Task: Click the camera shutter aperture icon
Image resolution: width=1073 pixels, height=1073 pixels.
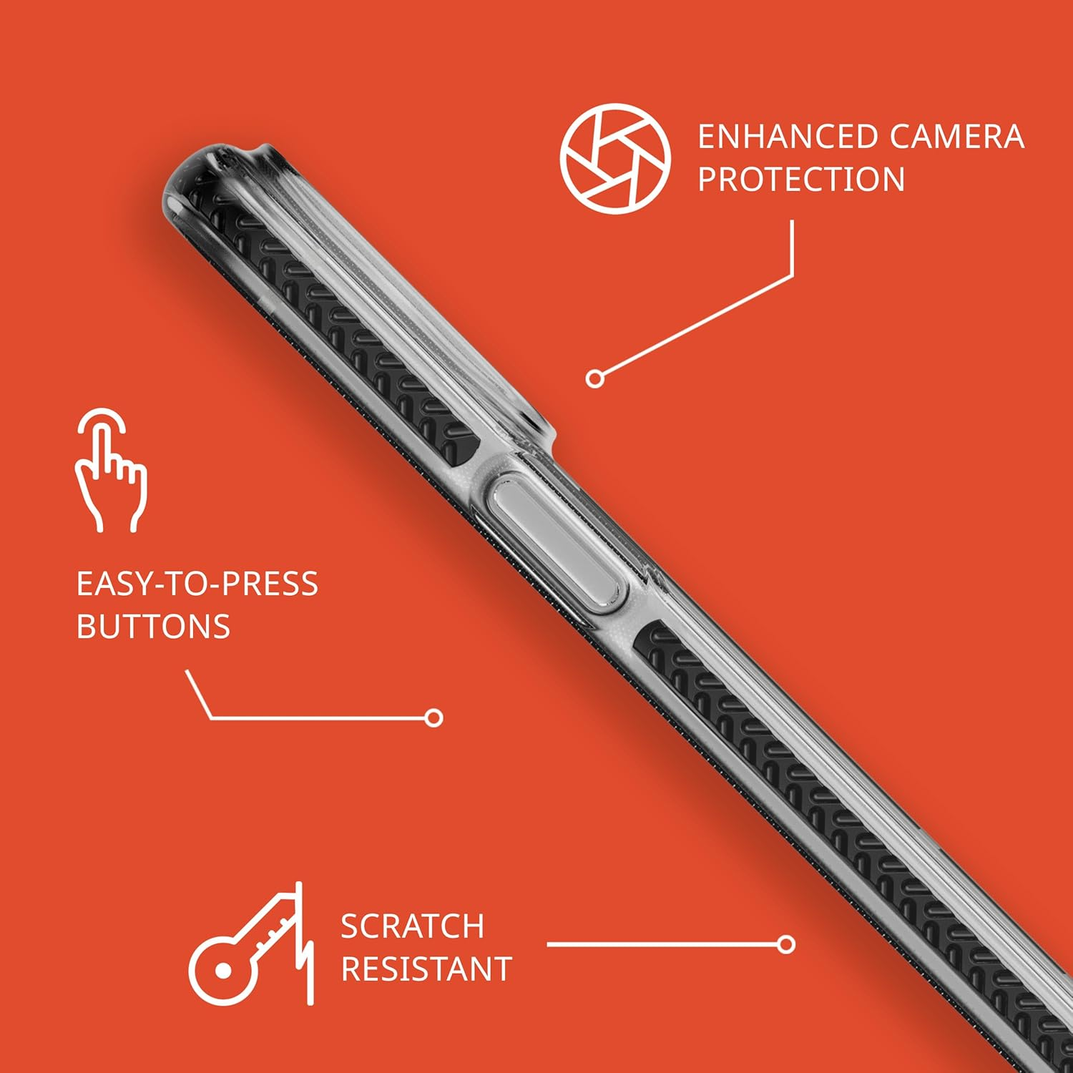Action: [615, 159]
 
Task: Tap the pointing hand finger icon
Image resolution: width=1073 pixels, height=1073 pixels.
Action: [111, 470]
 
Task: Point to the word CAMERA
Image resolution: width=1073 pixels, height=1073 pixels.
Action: [957, 137]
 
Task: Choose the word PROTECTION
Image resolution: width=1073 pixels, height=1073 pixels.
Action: [801, 179]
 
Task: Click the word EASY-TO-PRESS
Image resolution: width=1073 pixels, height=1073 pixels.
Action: [197, 584]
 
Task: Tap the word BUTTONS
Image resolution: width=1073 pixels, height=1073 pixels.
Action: [153, 627]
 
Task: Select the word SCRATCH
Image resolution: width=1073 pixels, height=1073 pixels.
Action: [412, 926]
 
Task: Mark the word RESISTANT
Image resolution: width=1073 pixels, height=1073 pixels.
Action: [426, 969]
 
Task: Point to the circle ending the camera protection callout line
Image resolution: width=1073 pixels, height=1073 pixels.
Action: [594, 378]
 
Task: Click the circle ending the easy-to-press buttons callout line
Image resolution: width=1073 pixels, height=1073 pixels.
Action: [433, 717]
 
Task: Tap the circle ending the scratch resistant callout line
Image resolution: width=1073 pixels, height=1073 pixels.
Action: [786, 944]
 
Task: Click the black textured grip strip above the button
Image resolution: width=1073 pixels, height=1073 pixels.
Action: [336, 322]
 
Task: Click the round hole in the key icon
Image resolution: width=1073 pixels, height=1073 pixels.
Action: [223, 971]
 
